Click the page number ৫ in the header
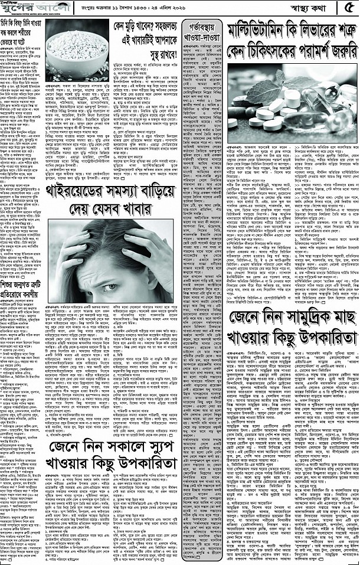[x=349, y=7]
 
